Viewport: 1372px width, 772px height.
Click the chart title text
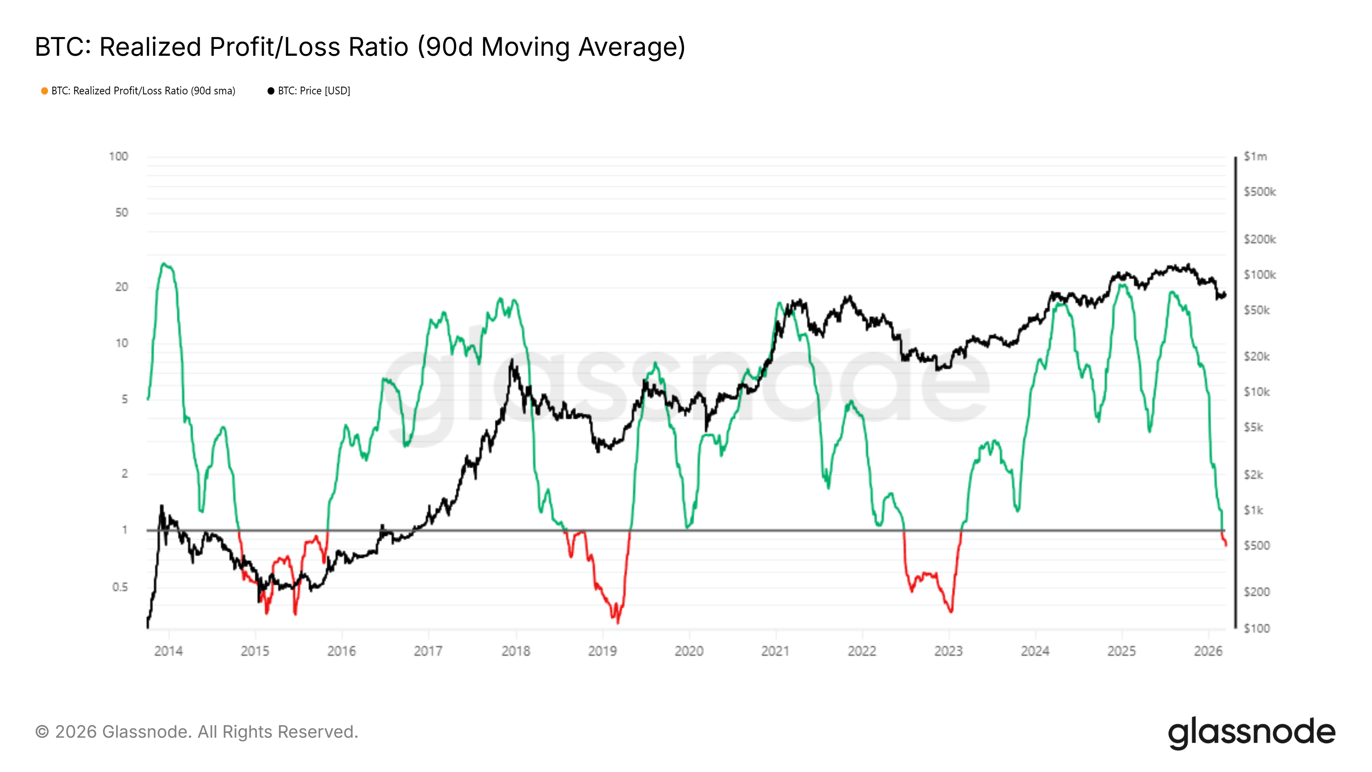[360, 47]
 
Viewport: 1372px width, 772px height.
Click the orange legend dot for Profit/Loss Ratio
[45, 91]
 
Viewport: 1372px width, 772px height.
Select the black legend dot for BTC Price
[271, 91]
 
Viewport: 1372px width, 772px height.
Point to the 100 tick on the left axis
[118, 157]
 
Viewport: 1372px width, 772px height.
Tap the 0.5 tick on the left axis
[120, 587]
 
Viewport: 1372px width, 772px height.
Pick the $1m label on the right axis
[1255, 157]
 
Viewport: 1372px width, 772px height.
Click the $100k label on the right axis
[1259, 275]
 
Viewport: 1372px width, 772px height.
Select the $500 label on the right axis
[1256, 546]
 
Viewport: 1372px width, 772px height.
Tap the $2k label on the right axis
[1253, 475]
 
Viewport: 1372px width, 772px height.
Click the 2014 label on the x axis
[168, 651]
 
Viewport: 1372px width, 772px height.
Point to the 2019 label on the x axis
[602, 651]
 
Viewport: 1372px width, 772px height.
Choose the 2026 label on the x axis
[1208, 651]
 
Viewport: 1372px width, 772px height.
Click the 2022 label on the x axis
[862, 651]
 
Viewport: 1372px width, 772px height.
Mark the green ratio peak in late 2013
[164, 264]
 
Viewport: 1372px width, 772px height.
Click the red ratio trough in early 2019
[618, 621]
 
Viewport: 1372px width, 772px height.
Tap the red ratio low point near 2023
[951, 611]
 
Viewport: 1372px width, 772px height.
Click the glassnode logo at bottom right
[1252, 733]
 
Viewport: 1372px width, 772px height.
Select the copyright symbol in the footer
[42, 732]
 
